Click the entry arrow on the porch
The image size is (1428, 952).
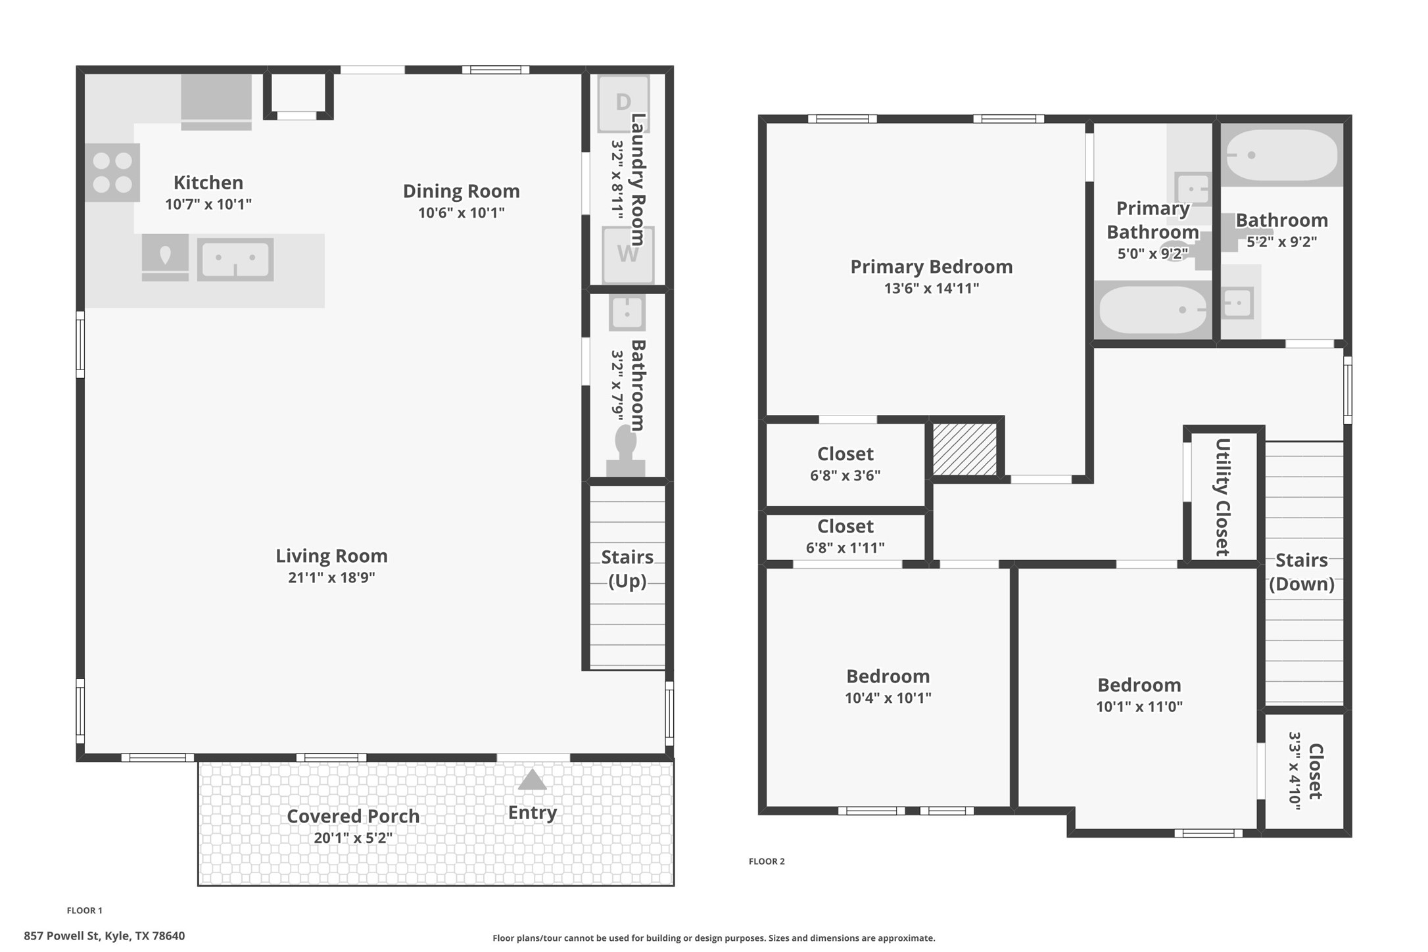532,780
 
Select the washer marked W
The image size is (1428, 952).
627,254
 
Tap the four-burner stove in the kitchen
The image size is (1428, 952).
112,172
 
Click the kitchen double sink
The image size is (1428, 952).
235,260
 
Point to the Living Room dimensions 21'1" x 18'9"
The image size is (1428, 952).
331,577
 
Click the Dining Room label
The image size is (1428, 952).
461,191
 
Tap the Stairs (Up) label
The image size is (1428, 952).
627,569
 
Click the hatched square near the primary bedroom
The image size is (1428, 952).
964,449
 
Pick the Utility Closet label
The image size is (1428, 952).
1222,497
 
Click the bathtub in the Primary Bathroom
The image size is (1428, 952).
1153,310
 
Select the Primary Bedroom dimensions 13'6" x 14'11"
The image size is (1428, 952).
931,288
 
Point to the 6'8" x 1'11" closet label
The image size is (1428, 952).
845,548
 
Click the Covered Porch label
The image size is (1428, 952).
353,816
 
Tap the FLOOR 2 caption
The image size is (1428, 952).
766,861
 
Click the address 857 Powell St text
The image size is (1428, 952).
104,936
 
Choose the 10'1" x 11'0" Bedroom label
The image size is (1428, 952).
1139,685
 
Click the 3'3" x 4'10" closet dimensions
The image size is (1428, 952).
1295,771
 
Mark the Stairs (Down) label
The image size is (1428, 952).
1301,572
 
